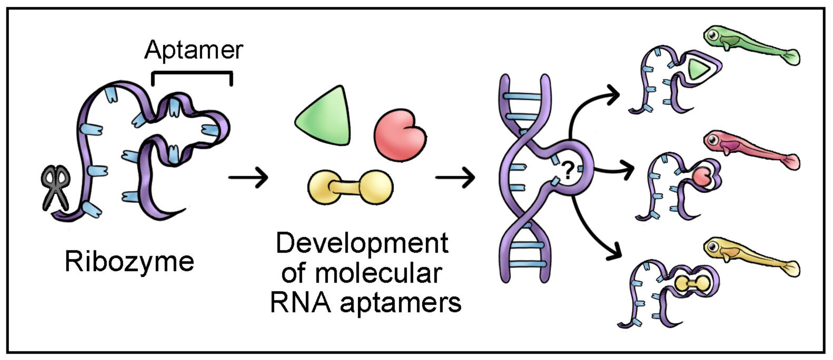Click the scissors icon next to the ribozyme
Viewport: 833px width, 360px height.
[55, 188]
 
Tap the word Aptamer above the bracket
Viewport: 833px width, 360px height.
[193, 50]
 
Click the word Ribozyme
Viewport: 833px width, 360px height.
[129, 262]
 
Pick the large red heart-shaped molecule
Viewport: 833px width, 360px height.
[400, 135]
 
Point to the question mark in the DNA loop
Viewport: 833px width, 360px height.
[568, 172]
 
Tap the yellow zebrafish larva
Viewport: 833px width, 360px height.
[748, 255]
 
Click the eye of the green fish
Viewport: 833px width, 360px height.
[712, 35]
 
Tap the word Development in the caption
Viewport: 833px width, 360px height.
[362, 243]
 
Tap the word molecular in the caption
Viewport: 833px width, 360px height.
[378, 273]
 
